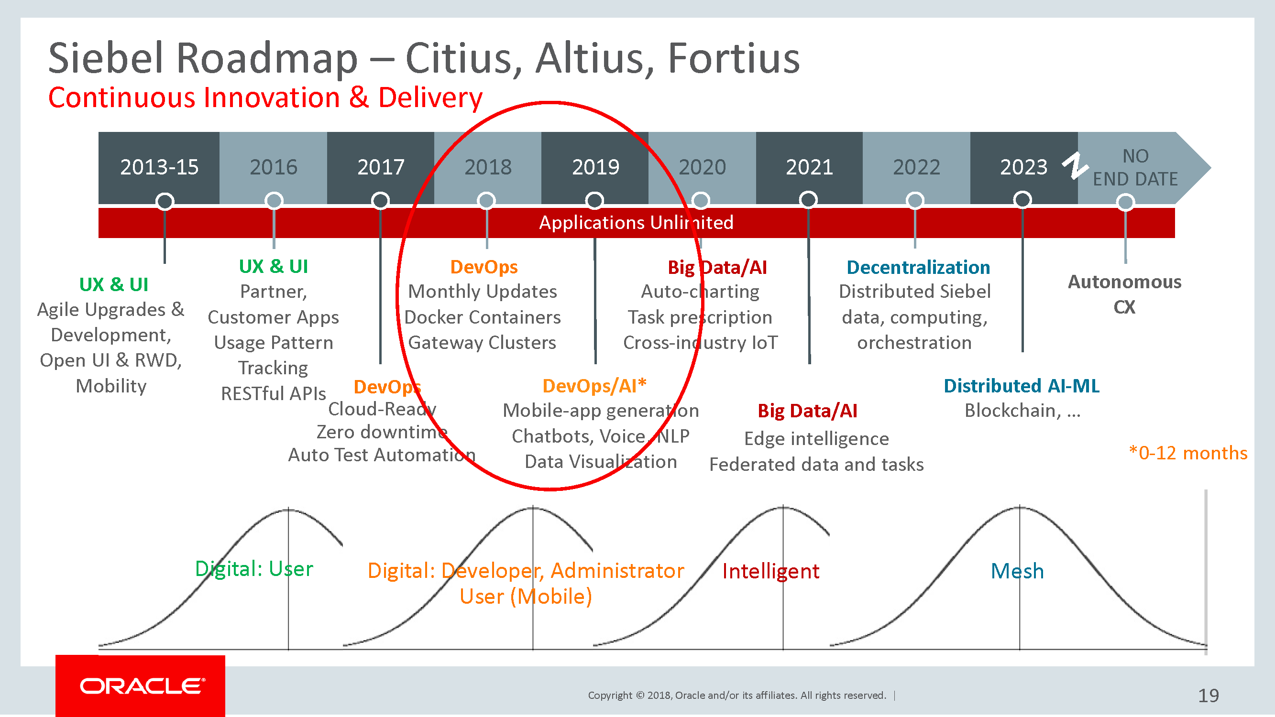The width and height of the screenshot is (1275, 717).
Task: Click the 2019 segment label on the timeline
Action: pos(595,167)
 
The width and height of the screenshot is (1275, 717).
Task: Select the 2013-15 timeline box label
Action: pos(159,167)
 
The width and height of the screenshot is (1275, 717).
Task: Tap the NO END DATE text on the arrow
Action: pos(1135,168)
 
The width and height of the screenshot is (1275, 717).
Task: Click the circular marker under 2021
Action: pos(808,200)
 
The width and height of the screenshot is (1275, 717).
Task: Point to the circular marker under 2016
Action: pos(274,201)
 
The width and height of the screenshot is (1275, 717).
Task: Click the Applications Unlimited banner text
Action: pos(636,223)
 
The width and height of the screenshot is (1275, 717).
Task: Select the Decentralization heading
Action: pos(918,267)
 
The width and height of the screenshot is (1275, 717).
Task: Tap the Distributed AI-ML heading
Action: pos(1021,386)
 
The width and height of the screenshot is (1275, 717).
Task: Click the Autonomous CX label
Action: pos(1124,294)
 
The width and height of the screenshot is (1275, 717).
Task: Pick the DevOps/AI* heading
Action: pos(594,386)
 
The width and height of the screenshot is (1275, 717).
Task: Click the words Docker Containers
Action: pos(483,317)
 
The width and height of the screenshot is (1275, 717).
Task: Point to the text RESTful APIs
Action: pos(273,394)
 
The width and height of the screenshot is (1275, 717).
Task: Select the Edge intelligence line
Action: pos(816,439)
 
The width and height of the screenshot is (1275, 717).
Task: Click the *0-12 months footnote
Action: pos(1188,453)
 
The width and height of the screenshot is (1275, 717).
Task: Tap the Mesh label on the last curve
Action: pos(1017,572)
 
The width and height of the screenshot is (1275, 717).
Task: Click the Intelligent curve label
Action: pos(770,572)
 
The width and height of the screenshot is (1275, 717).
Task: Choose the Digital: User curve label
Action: pos(254,569)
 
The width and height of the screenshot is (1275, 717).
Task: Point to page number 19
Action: pos(1208,695)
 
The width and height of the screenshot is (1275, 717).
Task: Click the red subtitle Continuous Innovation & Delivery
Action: pos(265,98)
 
